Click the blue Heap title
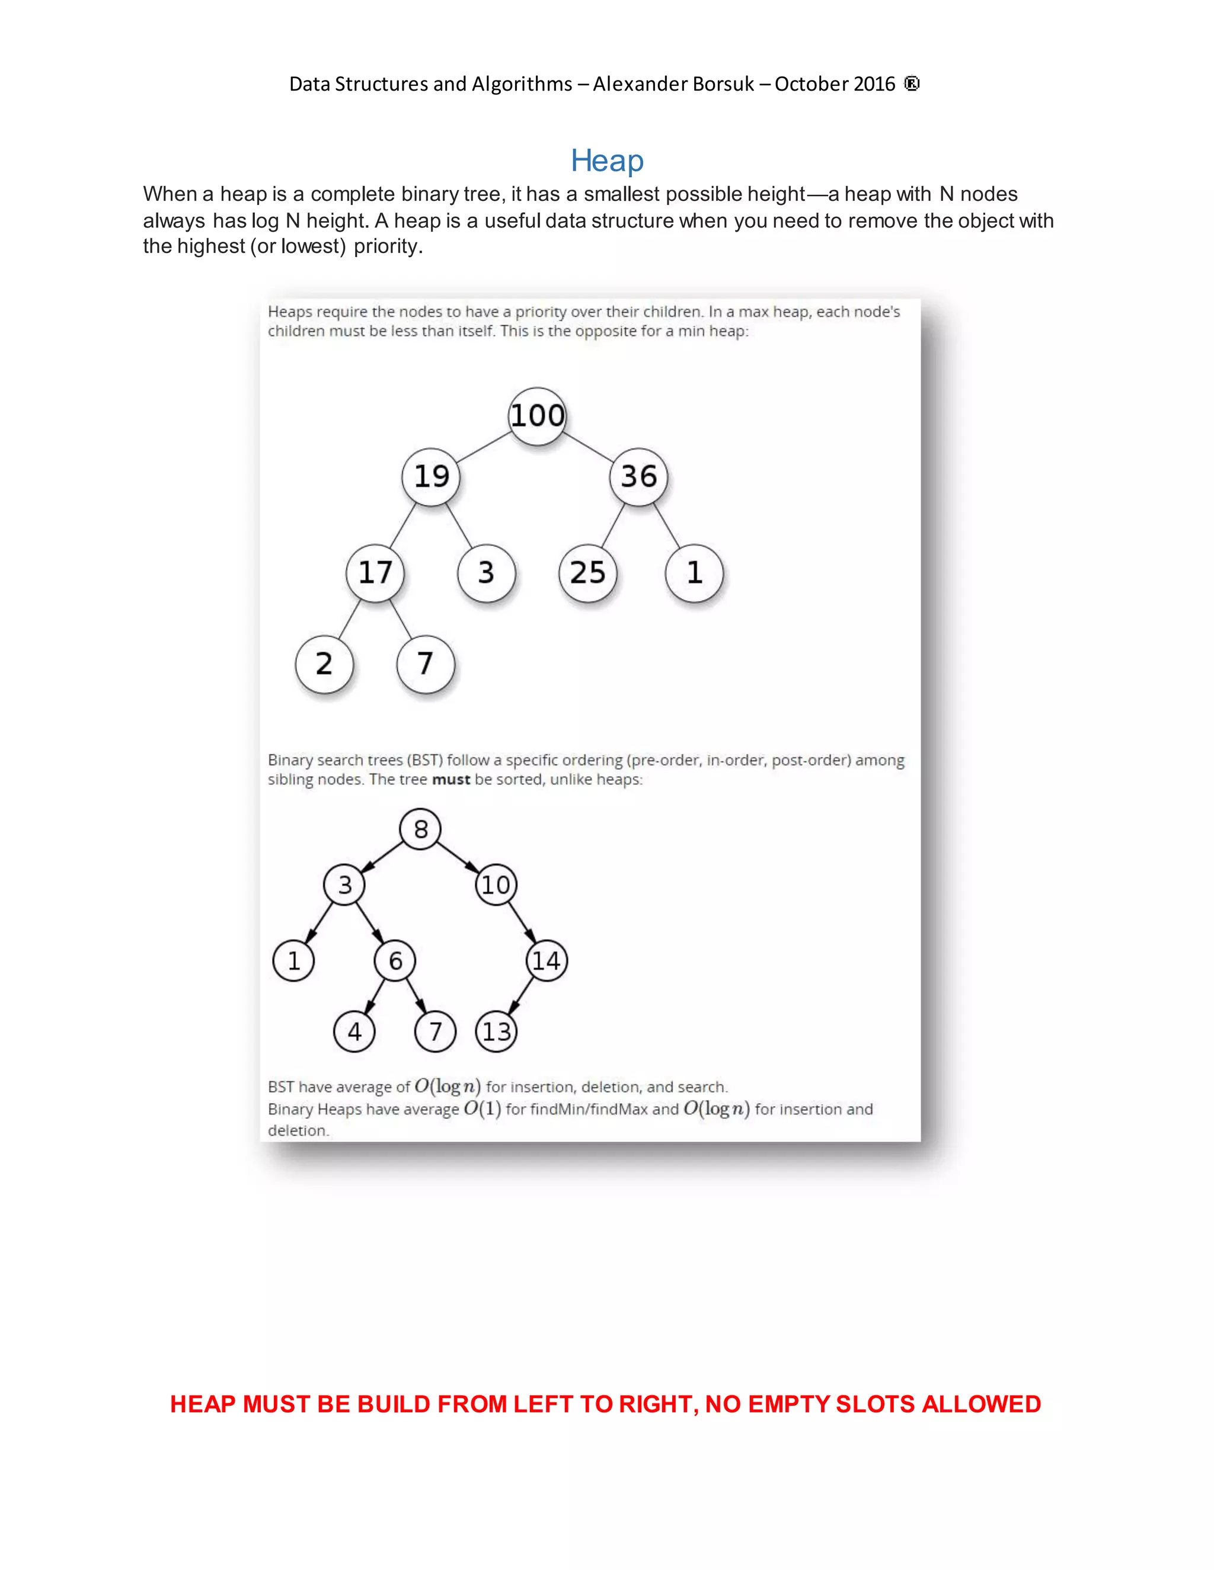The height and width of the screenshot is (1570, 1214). (606, 161)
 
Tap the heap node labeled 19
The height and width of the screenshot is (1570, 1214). (431, 476)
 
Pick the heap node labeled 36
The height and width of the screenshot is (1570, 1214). (638, 476)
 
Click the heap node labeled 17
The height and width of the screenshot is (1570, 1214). (375, 573)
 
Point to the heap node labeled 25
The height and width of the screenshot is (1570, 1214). (587, 573)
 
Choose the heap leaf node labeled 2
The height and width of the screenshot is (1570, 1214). (324, 664)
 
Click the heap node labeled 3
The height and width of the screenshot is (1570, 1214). (486, 573)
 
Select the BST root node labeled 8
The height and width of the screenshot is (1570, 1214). (420, 829)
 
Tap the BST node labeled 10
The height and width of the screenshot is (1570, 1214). (496, 884)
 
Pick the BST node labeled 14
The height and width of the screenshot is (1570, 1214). (547, 960)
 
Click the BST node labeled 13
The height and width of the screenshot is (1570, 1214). (496, 1031)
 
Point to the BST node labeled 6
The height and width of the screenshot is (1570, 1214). (395, 960)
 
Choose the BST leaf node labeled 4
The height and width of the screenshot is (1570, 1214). (354, 1031)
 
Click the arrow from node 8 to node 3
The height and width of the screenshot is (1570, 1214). (382, 857)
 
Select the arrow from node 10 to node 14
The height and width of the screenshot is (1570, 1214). (522, 923)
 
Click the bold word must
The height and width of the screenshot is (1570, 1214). (451, 779)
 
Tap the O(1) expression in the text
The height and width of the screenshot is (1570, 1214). (482, 1108)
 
